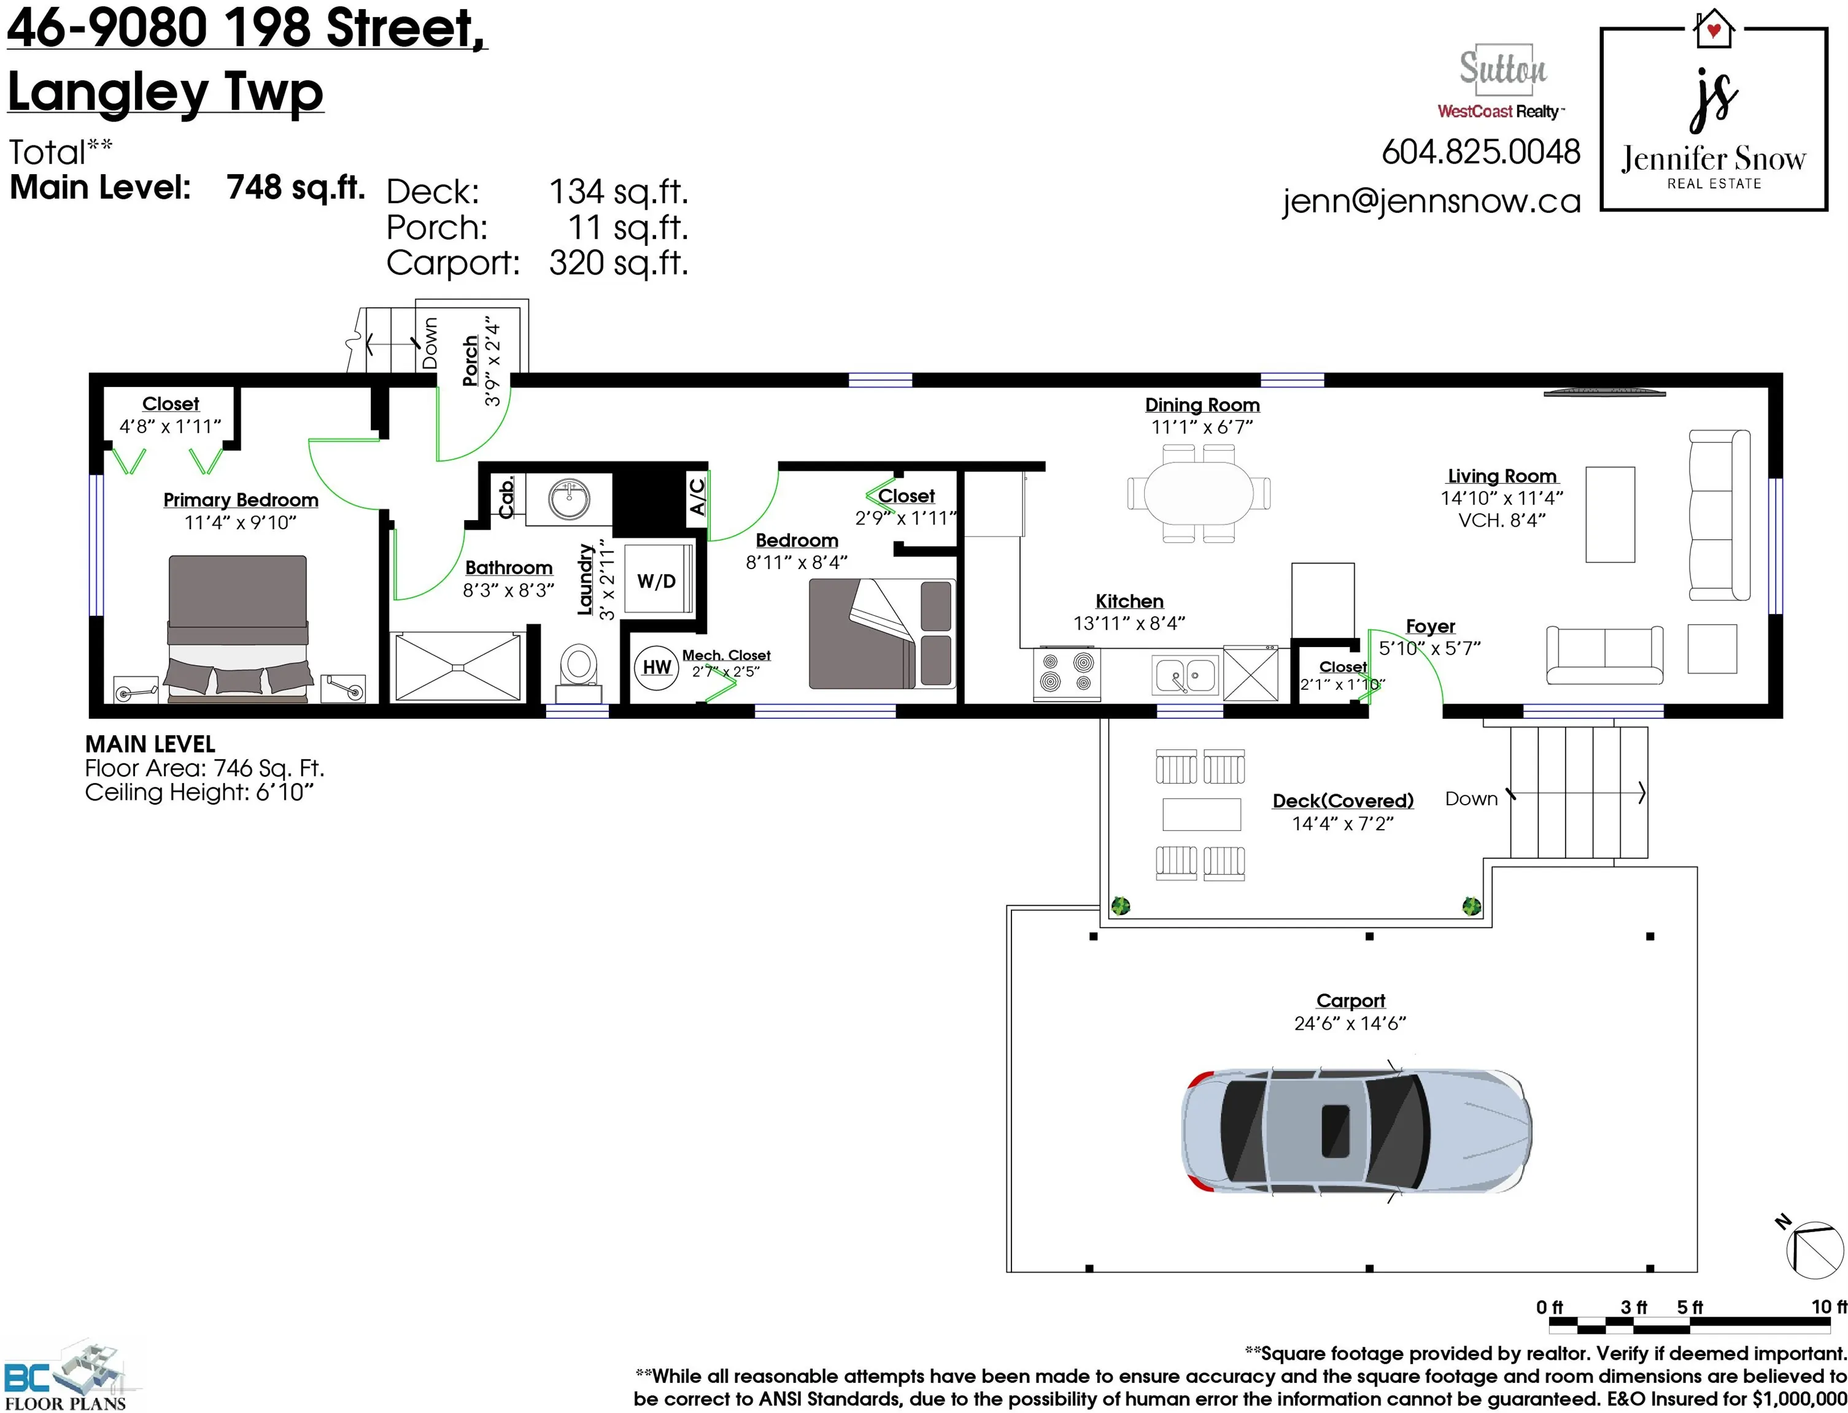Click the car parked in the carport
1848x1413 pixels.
pyautogui.click(x=1356, y=1130)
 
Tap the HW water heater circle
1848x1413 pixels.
pyautogui.click(x=656, y=667)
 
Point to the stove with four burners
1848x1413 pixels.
pyautogui.click(x=1066, y=672)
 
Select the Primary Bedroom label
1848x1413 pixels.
pyautogui.click(x=241, y=500)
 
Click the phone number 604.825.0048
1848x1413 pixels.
pyautogui.click(x=1481, y=152)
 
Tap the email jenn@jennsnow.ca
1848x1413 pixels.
pyautogui.click(x=1431, y=202)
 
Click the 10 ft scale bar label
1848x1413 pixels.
pyautogui.click(x=1828, y=1307)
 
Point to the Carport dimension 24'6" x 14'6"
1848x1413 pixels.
pyautogui.click(x=1350, y=1024)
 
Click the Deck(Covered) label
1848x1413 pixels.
pyautogui.click(x=1342, y=801)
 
